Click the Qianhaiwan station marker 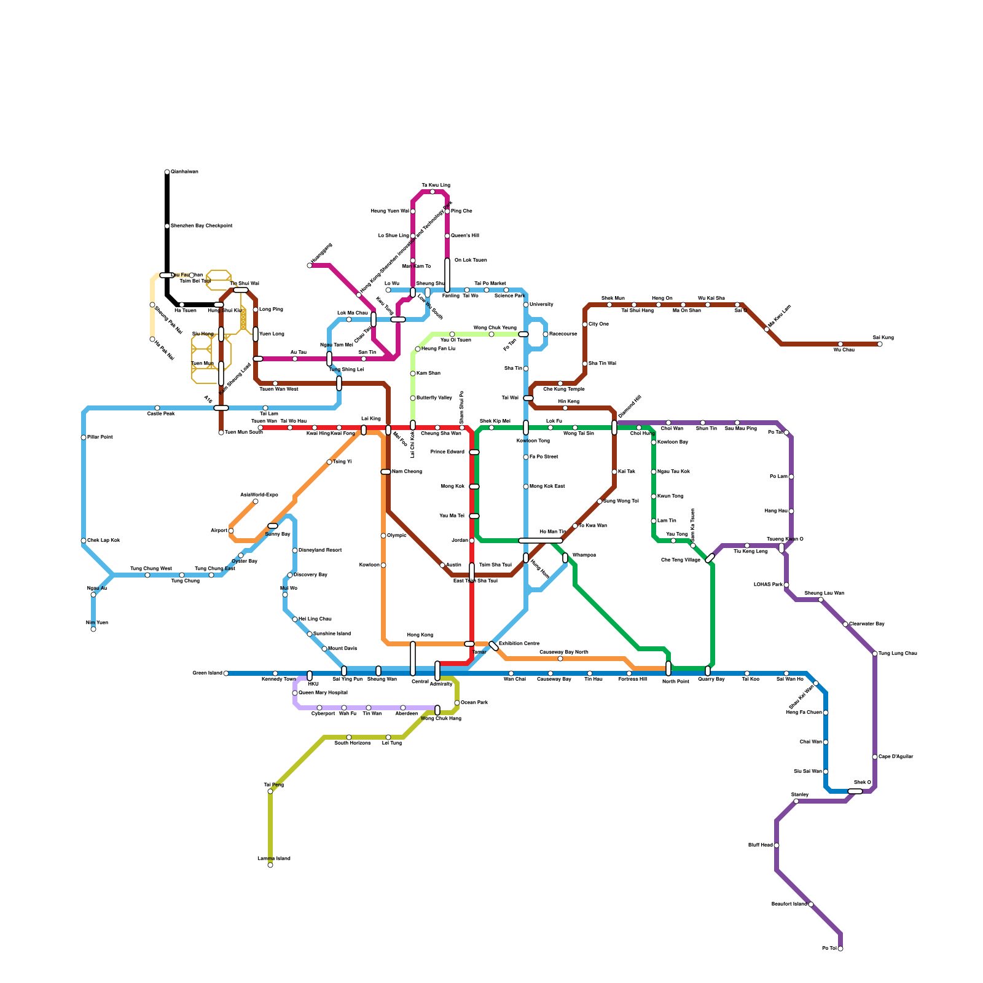point(167,172)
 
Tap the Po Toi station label point(829,949)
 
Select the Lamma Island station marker point(270,865)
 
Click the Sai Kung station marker point(880,344)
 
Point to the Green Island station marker point(226,673)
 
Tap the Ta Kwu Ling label point(436,185)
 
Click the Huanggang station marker point(310,265)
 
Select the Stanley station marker point(796,801)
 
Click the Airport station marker point(231,531)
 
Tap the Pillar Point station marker point(84,437)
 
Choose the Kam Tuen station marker point(93,629)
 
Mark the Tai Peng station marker point(270,791)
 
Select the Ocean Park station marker point(457,703)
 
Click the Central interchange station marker point(413,659)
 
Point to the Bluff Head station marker point(777,845)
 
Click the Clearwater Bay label point(867,624)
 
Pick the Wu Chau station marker point(840,344)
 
